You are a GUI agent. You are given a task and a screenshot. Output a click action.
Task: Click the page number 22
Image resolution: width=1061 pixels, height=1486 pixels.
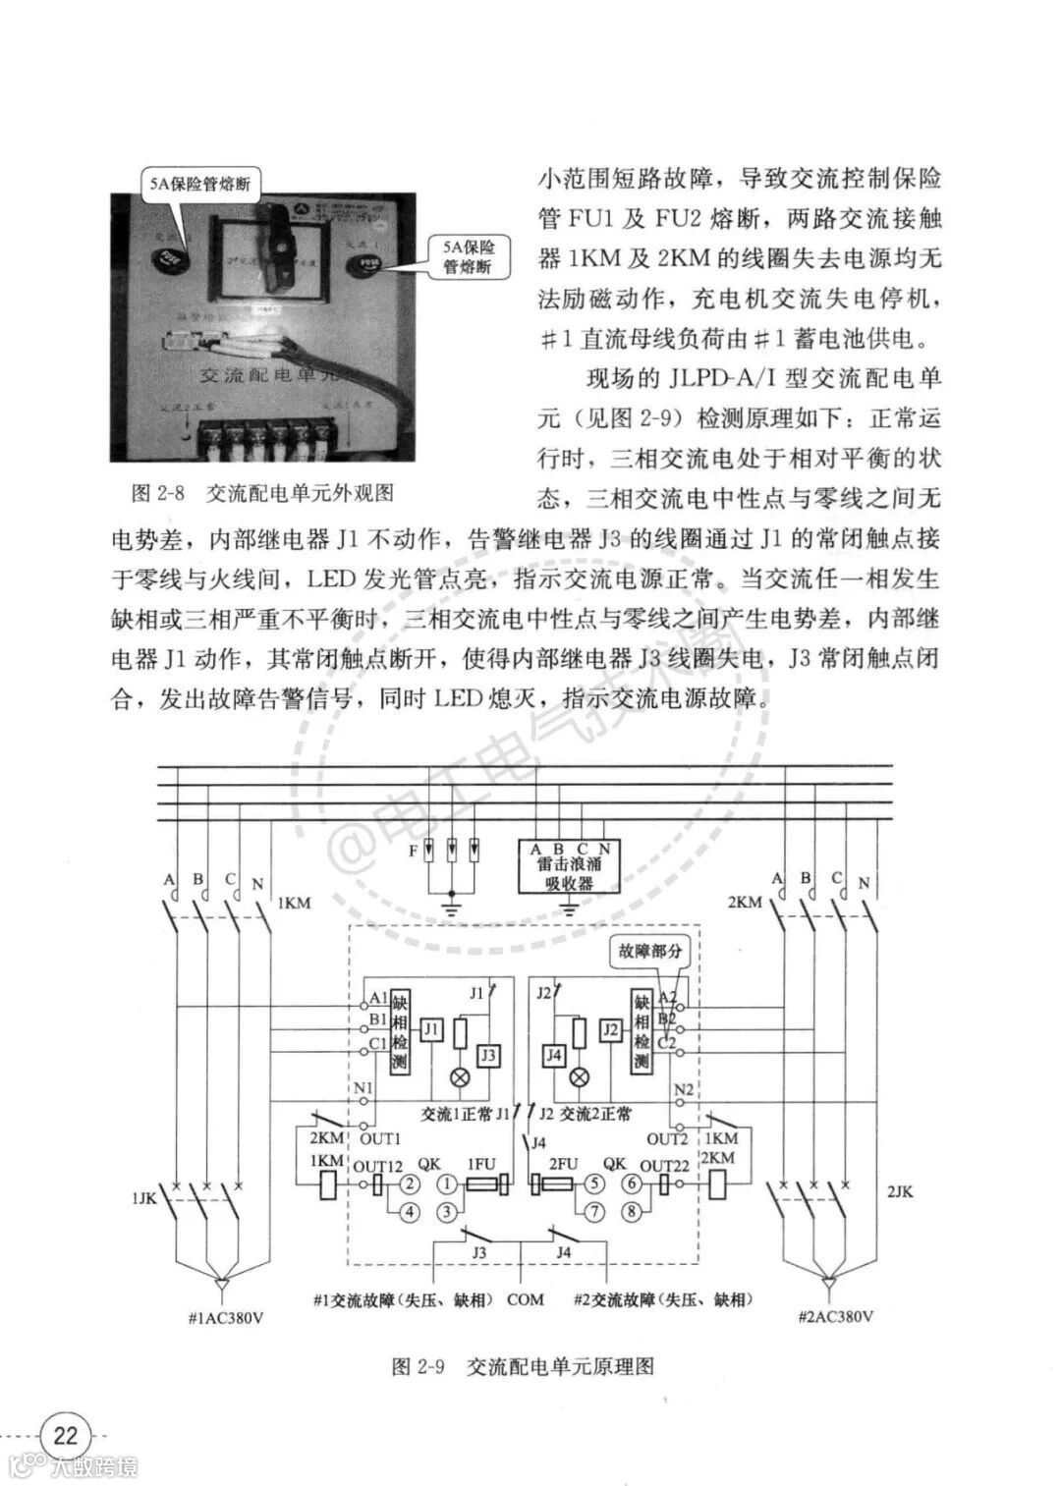65,1435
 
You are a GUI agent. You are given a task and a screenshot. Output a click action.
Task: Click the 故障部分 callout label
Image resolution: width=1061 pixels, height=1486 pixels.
649,951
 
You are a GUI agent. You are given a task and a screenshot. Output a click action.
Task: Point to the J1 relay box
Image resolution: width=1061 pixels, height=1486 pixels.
431,1030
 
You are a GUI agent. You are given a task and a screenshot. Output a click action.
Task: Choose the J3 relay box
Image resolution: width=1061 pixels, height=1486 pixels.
487,1056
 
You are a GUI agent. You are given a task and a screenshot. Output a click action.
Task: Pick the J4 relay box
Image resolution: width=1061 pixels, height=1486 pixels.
554,1056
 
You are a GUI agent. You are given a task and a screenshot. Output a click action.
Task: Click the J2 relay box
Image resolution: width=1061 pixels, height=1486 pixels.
610,1030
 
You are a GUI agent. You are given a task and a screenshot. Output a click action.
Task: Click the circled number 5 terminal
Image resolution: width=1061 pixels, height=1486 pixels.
593,1184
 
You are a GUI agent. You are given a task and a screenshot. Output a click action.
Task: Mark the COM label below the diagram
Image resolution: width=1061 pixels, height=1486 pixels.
525,1299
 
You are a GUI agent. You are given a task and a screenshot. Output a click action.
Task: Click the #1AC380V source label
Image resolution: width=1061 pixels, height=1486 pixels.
225,1317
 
